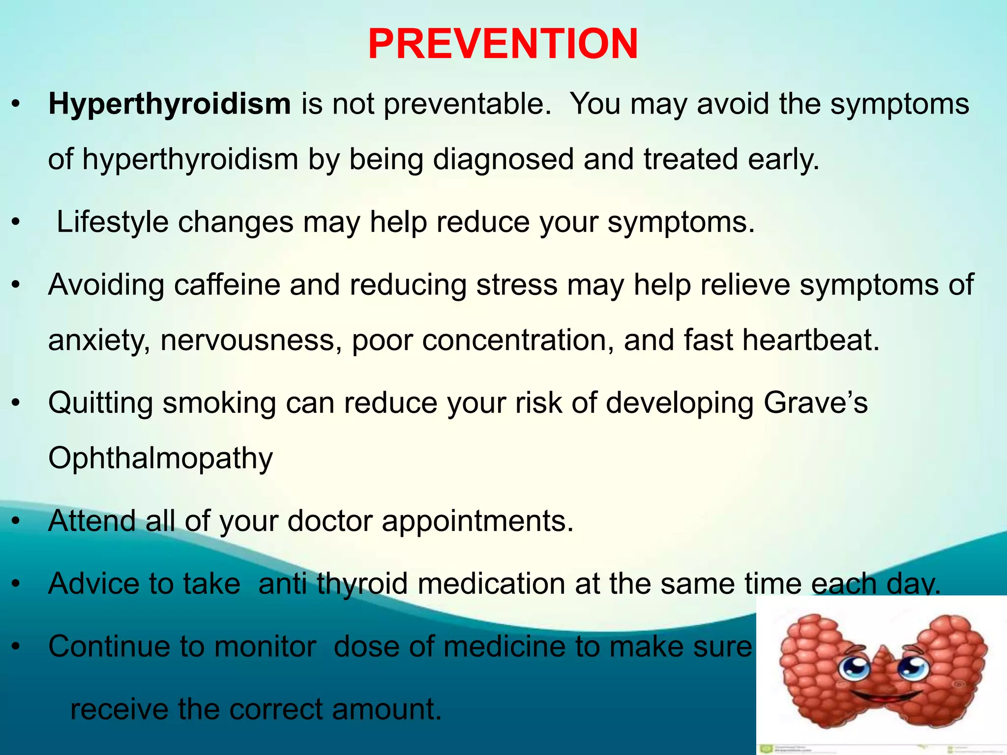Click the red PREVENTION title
[x=503, y=44]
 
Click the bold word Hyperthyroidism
[x=170, y=104]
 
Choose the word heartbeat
[x=810, y=340]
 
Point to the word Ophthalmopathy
[x=160, y=458]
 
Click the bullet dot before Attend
[x=16, y=522]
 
